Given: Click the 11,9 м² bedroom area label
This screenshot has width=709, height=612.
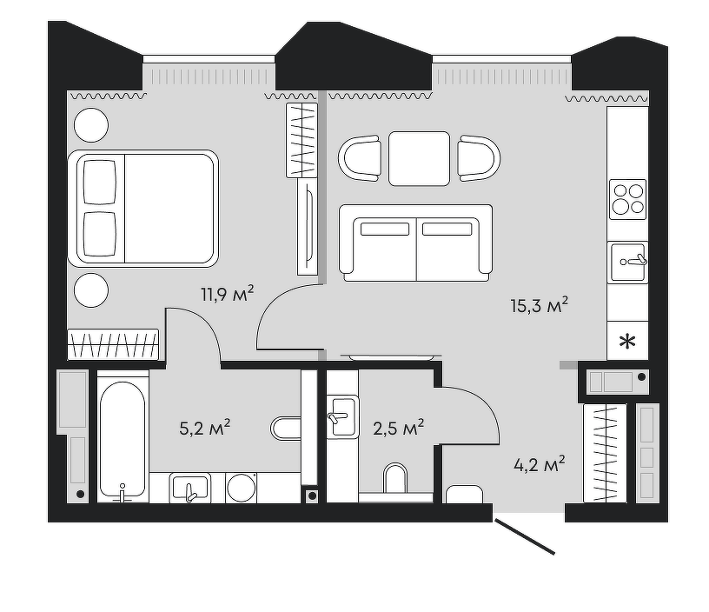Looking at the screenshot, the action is [228, 294].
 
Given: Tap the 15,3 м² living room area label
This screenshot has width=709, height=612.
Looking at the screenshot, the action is [539, 305].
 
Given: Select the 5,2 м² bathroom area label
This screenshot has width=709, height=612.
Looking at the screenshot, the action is [205, 428].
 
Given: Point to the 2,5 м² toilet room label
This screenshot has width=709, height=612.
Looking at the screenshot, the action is [398, 428].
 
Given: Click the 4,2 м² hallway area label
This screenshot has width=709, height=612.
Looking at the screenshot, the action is [540, 464].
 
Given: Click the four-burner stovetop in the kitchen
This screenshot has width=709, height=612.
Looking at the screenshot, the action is [627, 199].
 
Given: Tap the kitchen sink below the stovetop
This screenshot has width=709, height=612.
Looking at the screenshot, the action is [627, 263].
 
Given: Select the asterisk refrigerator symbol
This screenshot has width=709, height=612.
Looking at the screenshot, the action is [627, 342].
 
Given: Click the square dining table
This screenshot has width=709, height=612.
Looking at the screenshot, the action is [419, 159].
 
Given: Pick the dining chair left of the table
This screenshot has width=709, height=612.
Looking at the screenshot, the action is [360, 158].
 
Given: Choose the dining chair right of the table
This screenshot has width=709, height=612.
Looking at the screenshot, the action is [479, 158].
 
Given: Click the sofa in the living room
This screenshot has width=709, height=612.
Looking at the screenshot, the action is [416, 243].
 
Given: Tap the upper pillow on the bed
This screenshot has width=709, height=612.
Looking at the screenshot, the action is [99, 183].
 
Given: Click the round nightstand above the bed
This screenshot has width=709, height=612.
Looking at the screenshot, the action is [91, 125].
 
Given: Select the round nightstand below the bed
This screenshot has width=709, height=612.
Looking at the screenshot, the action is [91, 290].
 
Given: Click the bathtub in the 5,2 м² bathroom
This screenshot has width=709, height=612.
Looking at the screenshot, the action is [123, 439].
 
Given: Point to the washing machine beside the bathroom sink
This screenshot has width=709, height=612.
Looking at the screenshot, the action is [242, 488].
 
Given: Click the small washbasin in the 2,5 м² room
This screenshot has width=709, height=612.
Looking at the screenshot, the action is [342, 417].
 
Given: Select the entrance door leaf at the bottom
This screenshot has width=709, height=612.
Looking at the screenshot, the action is [525, 536].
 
